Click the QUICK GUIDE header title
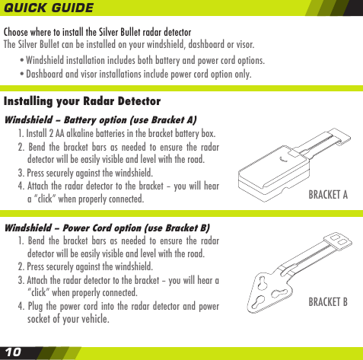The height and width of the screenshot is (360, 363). pyautogui.click(x=49, y=8)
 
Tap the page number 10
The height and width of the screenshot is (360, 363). pyautogui.click(x=13, y=352)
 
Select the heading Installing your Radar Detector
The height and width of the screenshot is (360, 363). pyautogui.click(x=82, y=101)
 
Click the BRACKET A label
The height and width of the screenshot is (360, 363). pyautogui.click(x=327, y=195)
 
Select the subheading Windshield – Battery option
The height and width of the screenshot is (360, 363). pyautogui.click(x=100, y=119)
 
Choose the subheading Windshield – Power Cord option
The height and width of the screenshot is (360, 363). pyautogui.click(x=107, y=228)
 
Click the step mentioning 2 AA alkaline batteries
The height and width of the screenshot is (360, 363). pyautogui.click(x=116, y=133)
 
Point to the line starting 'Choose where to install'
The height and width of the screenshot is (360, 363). pyautogui.click(x=97, y=32)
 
